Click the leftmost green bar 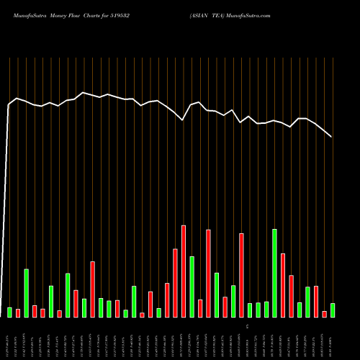point(9,312)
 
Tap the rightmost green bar point(332,310)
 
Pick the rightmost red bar point(324,314)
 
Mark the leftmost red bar point(18,312)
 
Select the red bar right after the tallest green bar point(283,285)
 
